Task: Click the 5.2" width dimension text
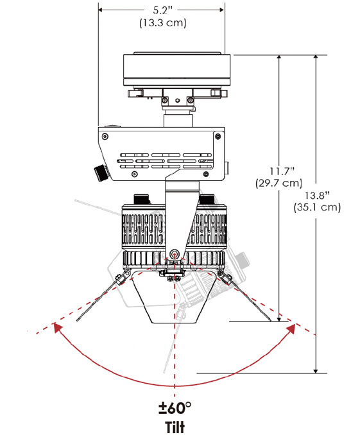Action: click(x=163, y=10)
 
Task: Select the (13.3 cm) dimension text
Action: click(x=163, y=22)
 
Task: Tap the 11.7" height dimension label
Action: click(x=282, y=171)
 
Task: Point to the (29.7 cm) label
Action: click(x=279, y=183)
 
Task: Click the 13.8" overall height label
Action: click(x=318, y=195)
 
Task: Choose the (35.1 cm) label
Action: click(x=317, y=207)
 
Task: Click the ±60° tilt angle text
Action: click(x=175, y=408)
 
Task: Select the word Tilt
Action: click(x=175, y=427)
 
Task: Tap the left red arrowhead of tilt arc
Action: click(x=56, y=327)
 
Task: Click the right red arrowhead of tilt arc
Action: click(x=291, y=328)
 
